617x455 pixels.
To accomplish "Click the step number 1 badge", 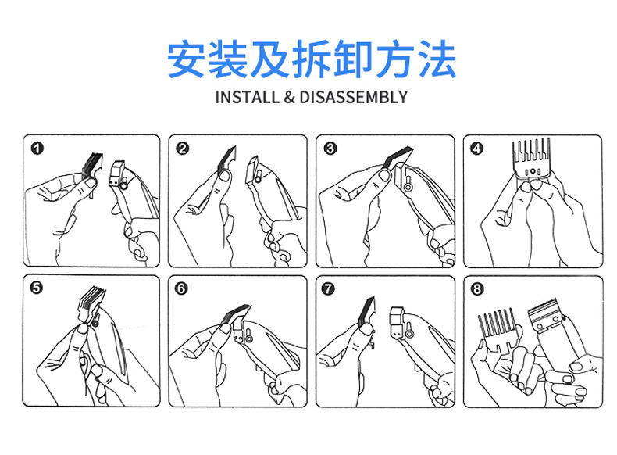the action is click(x=37, y=149).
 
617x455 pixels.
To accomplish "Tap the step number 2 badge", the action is click(x=183, y=149).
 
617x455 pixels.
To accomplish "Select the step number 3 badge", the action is click(x=330, y=149).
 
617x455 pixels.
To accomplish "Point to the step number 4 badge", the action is click(x=477, y=149).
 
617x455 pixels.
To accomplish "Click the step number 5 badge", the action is click(x=36, y=288).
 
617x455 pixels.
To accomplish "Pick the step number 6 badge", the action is click(x=181, y=288).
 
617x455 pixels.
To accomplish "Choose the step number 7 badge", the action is click(x=328, y=288).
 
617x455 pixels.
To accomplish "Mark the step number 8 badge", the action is click(x=477, y=289).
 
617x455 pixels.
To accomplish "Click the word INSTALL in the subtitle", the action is click(x=247, y=97).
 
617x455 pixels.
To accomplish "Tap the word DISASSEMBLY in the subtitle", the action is click(x=353, y=97).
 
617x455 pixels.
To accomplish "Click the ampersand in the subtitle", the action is click(x=289, y=97).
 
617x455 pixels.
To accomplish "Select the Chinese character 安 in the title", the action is click(x=187, y=59).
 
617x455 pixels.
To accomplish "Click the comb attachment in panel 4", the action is click(x=531, y=159).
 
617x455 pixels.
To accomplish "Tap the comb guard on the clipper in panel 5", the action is click(x=91, y=302).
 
